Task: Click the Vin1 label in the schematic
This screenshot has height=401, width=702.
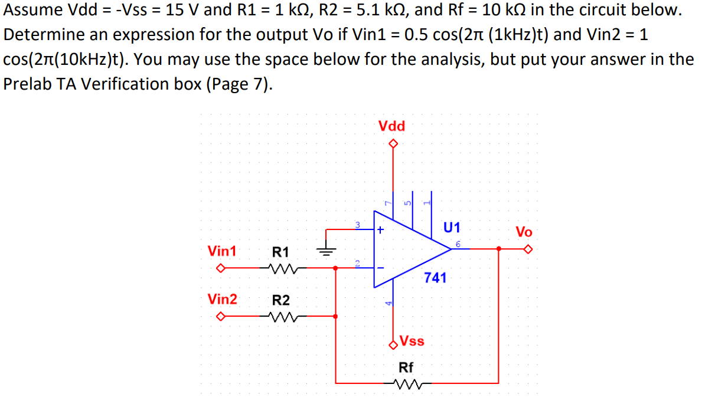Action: [x=222, y=251]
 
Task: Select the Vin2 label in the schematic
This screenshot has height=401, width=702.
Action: [x=222, y=299]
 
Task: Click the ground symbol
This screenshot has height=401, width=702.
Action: [x=326, y=250]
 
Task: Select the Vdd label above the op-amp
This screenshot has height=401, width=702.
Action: [x=391, y=126]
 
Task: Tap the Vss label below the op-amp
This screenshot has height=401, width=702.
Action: [x=412, y=341]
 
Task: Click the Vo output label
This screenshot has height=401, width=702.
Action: [x=524, y=231]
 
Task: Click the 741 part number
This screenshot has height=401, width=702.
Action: [x=435, y=277]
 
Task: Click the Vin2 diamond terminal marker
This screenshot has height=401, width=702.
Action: [x=220, y=317]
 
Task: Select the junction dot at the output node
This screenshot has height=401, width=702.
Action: [x=499, y=249]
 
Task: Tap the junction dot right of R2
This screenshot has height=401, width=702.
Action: [x=336, y=317]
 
